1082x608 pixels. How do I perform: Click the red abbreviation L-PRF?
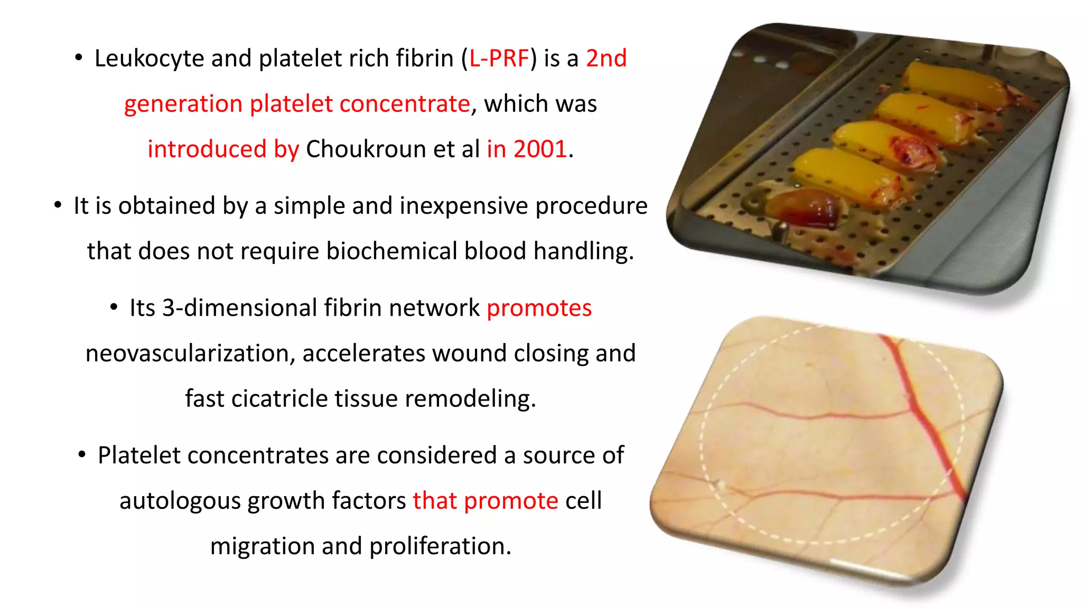pyautogui.click(x=499, y=58)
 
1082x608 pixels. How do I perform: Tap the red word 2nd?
pyautogui.click(x=606, y=58)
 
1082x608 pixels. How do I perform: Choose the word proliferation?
pyautogui.click(x=440, y=546)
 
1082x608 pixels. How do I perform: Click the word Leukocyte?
pyautogui.click(x=149, y=58)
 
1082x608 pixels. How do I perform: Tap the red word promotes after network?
pyautogui.click(x=539, y=308)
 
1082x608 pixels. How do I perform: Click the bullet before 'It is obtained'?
pyautogui.click(x=58, y=205)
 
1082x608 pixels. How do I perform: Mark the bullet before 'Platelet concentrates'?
pyautogui.click(x=81, y=454)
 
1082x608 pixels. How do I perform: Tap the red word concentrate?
pyautogui.click(x=404, y=103)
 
